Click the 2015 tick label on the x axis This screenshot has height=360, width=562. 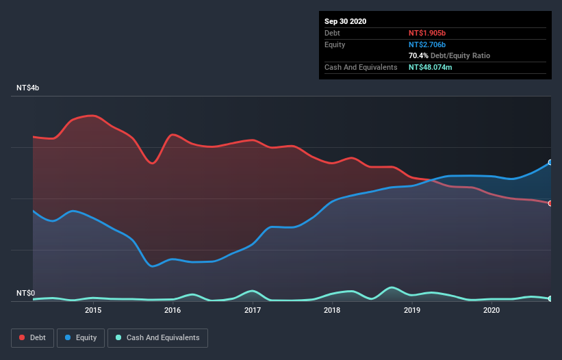pos(93,310)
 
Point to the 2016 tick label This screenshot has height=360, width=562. pos(173,310)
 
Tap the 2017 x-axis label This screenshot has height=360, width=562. pos(253,310)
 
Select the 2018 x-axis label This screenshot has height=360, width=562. pos(332,310)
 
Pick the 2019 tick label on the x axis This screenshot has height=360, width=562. pos(412,310)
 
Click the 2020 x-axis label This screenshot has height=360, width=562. pos(491,310)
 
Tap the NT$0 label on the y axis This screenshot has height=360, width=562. pos(25,294)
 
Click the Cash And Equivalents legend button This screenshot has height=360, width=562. pos(157,337)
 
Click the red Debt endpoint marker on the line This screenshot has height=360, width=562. pos(550,203)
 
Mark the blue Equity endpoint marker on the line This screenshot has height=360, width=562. pos(550,162)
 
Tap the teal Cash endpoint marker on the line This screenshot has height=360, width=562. pos(550,298)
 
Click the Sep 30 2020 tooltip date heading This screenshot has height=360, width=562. pos(345,21)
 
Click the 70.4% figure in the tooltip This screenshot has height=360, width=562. pos(418,55)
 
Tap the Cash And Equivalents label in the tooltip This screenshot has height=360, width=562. pos(361,67)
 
